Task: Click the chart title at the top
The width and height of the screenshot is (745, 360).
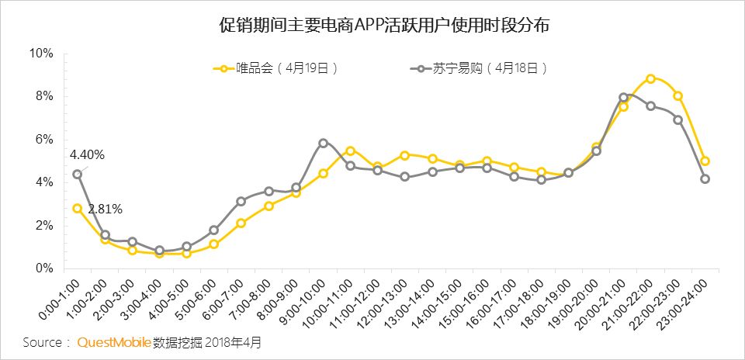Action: [x=384, y=25]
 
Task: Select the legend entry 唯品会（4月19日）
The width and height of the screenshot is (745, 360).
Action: [x=276, y=68]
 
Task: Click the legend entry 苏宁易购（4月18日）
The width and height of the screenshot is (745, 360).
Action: [x=480, y=68]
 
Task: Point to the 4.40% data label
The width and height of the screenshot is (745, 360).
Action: [x=88, y=155]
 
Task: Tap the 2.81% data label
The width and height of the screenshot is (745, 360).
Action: [x=105, y=209]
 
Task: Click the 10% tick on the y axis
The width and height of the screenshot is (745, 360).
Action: [x=41, y=54]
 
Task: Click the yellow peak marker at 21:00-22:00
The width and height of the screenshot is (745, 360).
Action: [x=651, y=79]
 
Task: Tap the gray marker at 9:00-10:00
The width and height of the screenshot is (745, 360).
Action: [x=324, y=143]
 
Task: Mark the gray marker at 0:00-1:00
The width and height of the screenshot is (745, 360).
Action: [x=78, y=175]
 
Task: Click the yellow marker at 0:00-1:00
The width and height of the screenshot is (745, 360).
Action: [x=78, y=209]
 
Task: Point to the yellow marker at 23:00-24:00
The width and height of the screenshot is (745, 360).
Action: [x=705, y=161]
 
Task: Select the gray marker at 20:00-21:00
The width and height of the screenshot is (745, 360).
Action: [x=624, y=97]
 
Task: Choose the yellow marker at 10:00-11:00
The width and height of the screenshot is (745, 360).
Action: [x=351, y=151]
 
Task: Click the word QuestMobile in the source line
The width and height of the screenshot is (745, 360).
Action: [x=115, y=342]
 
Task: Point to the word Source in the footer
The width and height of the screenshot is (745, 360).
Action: [x=42, y=343]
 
